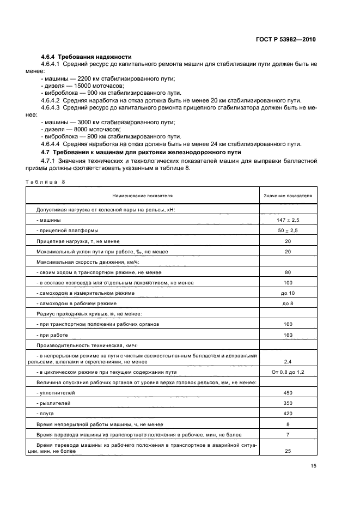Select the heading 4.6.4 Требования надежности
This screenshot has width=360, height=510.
(x=87, y=57)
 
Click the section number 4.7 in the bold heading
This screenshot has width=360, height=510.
(x=46, y=151)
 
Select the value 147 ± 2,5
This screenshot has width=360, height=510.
(x=288, y=220)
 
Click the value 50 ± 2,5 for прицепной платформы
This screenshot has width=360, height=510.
(x=288, y=230)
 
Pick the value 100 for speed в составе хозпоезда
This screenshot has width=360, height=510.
(x=288, y=282)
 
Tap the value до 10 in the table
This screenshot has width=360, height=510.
(x=288, y=293)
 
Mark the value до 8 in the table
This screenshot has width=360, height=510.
(x=288, y=303)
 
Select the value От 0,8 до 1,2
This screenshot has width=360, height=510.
(x=288, y=372)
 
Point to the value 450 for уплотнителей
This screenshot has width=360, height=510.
(x=288, y=392)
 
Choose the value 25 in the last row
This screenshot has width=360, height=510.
(x=288, y=452)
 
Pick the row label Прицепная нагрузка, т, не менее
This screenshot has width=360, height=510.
(x=77, y=241)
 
